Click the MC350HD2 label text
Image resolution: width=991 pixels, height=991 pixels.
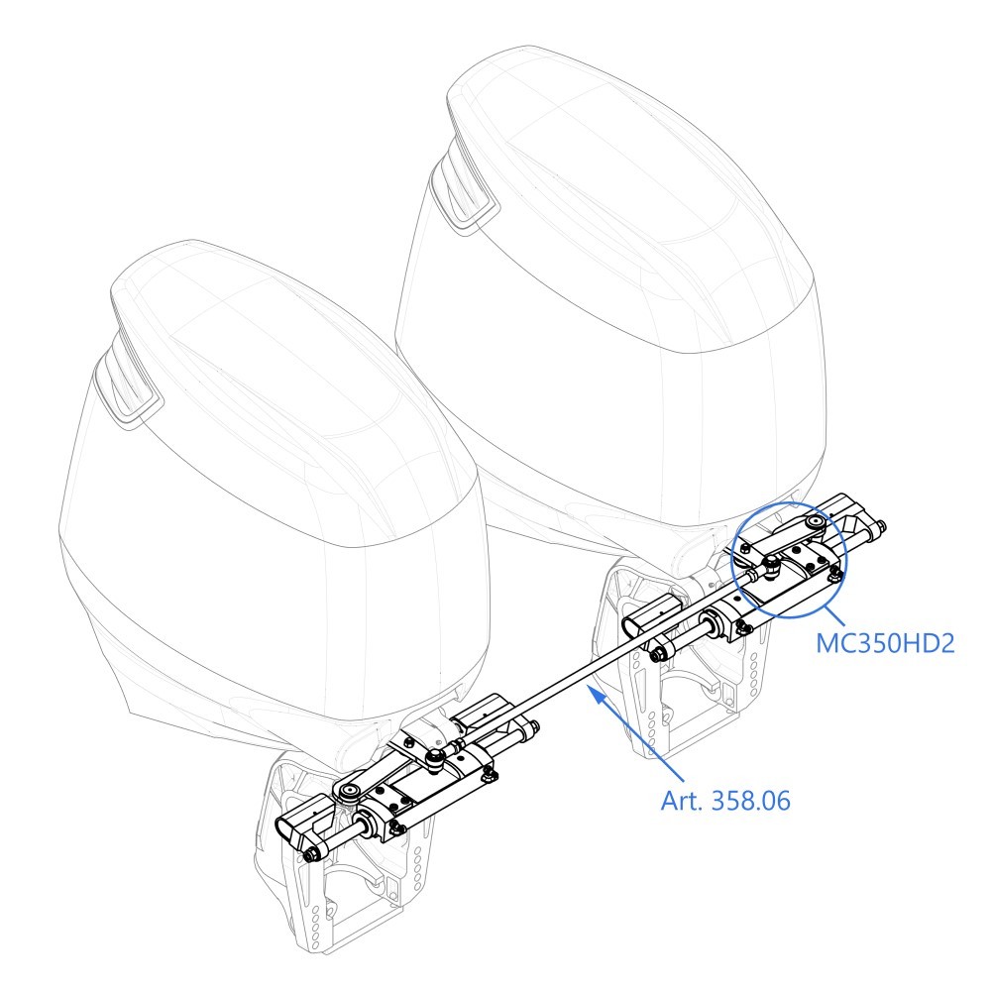(885, 643)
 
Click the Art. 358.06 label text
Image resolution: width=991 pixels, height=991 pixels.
(725, 801)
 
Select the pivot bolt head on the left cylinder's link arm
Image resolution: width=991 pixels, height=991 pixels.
(349, 792)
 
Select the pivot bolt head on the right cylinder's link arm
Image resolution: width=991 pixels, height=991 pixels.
(816, 521)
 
